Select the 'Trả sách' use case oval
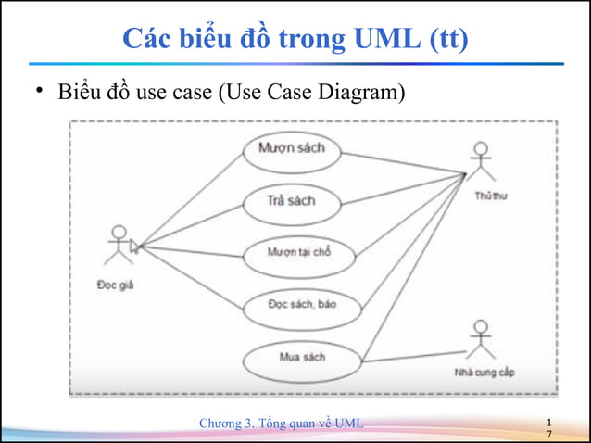tap(290, 201)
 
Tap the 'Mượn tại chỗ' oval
tap(298, 253)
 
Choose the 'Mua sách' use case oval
tap(302, 358)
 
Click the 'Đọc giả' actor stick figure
tap(117, 247)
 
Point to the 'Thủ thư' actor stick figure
tap(479, 162)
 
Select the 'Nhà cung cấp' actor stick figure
tap(479, 340)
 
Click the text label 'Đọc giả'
tap(116, 285)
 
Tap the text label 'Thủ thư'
tap(491, 196)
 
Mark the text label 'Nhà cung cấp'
tap(484, 373)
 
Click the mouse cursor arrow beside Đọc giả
tap(134, 246)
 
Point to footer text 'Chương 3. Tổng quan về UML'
tap(282, 424)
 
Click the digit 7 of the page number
tap(549, 435)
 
